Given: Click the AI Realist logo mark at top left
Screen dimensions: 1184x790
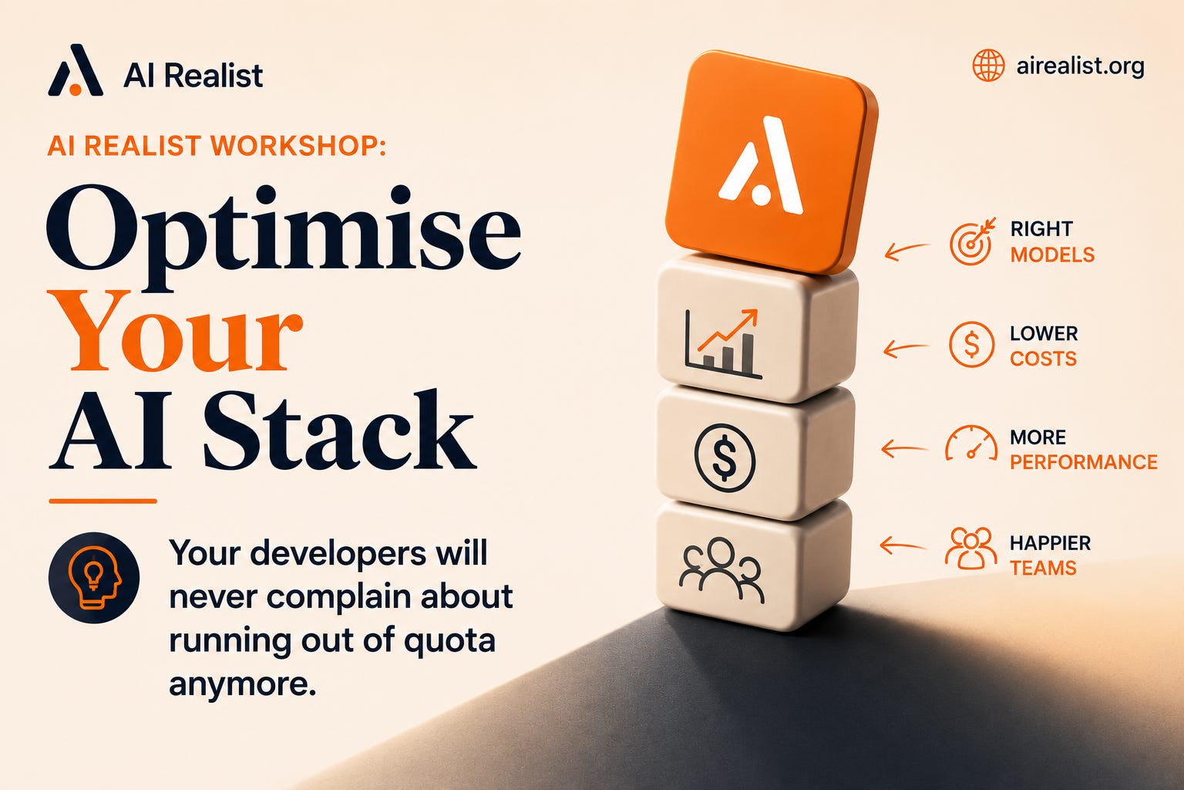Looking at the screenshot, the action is [75, 70].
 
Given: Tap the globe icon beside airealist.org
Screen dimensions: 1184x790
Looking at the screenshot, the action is [988, 66].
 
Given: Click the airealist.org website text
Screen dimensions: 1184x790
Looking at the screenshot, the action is [1080, 66].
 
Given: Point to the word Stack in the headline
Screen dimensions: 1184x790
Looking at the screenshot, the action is [339, 429].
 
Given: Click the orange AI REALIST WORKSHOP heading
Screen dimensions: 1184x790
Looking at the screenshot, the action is [217, 146].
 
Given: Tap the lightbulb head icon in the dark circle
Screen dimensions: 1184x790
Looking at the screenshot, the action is [94, 577].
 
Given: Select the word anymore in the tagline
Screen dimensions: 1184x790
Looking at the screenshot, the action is [242, 685].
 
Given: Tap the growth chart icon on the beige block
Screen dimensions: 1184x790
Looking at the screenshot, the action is [723, 343].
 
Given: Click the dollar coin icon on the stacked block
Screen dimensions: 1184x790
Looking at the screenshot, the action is [725, 458].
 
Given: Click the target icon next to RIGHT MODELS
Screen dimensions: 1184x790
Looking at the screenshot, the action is [971, 241].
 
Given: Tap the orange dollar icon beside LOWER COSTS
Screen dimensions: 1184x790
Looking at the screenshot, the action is [971, 344].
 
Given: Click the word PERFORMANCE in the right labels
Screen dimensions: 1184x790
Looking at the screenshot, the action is [1084, 462].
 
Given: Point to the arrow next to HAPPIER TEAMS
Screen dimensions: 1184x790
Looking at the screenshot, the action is [903, 545].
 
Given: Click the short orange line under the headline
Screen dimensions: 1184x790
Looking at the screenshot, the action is [103, 501].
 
